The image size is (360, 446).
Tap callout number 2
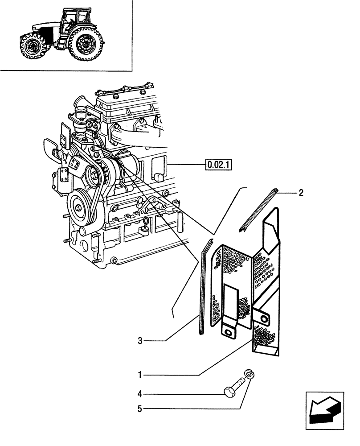[301, 193]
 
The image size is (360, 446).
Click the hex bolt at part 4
[234, 387]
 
